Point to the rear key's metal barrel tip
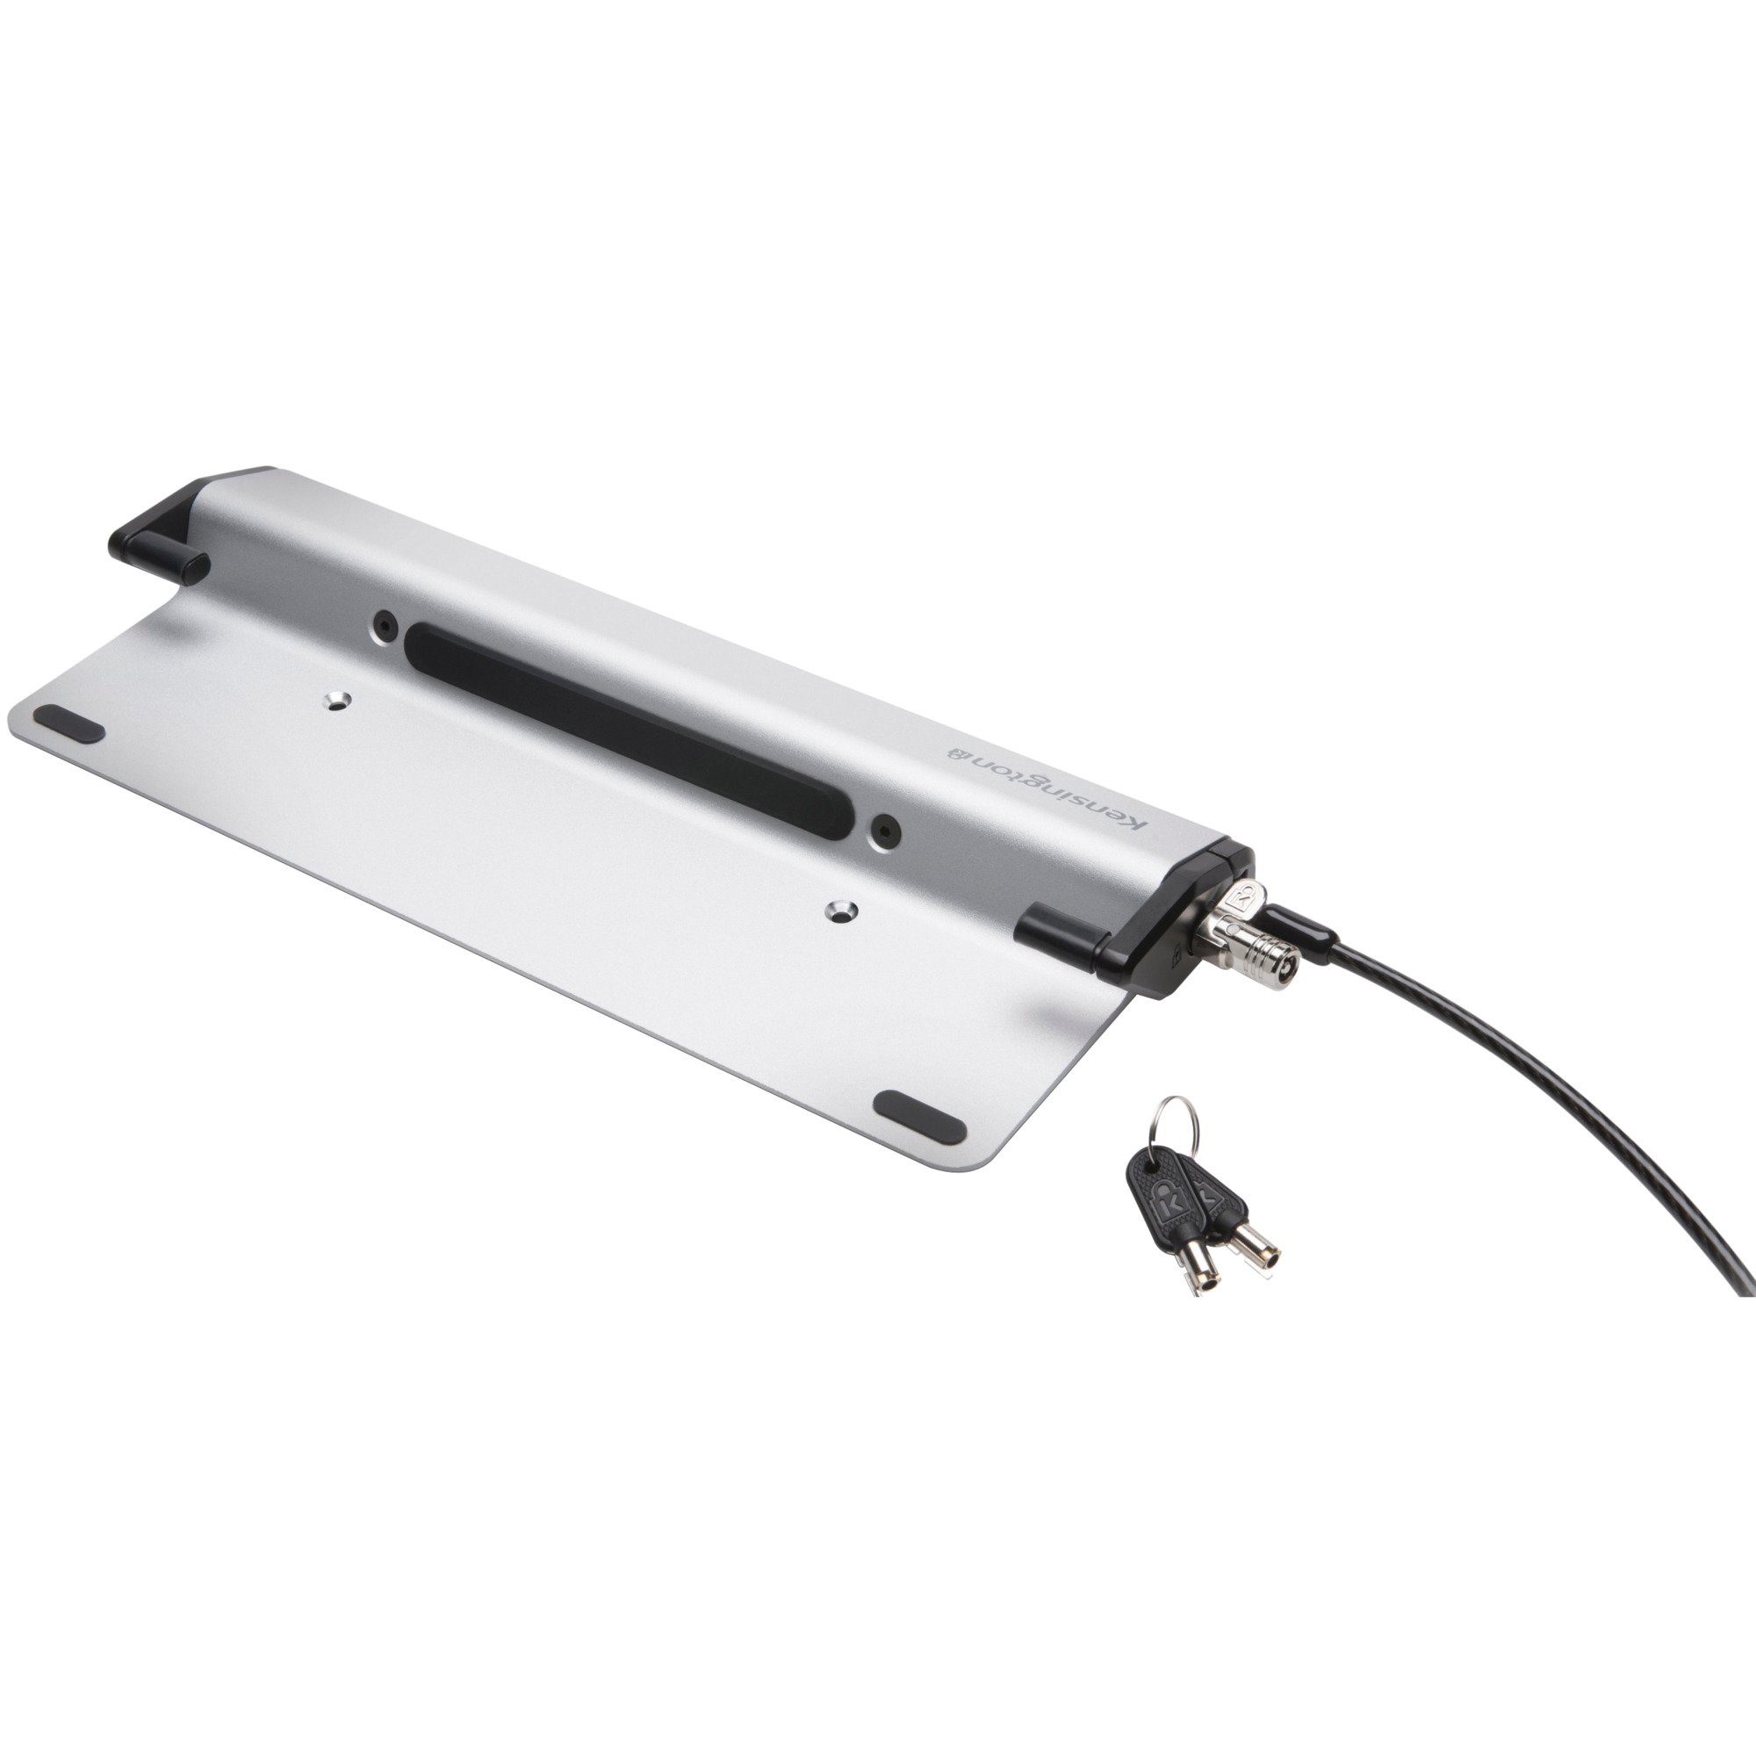click(1259, 1256)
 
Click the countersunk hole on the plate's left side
click(338, 700)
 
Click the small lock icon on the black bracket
click(1173, 954)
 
